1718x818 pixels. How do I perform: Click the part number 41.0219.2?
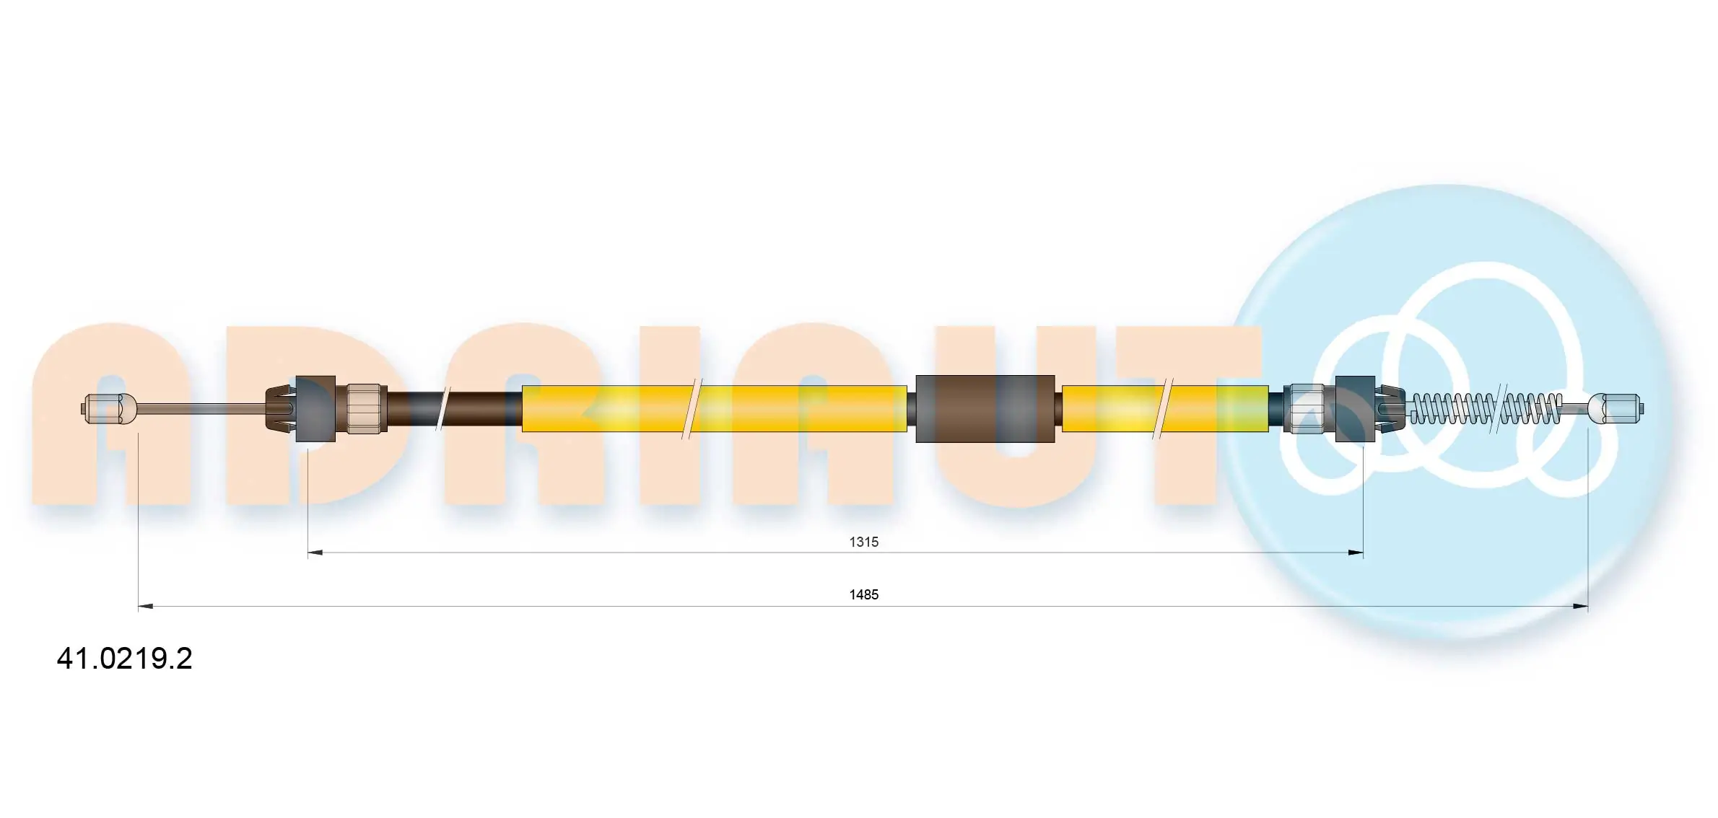(124, 659)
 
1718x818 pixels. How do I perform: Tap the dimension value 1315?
(863, 542)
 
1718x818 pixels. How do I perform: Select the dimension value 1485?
(863, 594)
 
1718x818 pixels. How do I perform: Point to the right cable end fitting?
(1616, 409)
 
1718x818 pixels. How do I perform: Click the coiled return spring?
(1486, 409)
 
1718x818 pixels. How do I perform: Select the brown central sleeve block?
(985, 409)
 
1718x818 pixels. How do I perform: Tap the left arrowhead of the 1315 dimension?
(315, 553)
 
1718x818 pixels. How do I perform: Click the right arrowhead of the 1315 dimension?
(1356, 553)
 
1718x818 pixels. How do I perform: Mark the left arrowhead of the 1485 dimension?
(145, 607)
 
